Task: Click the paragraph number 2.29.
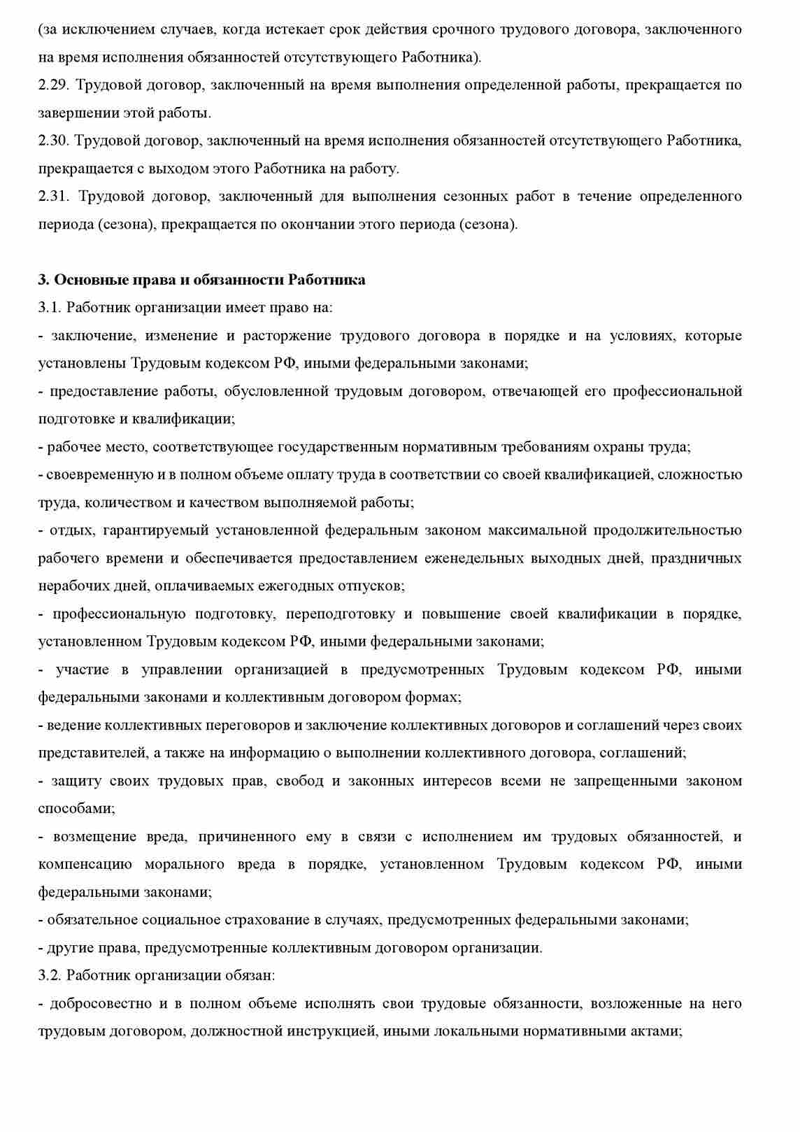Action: click(x=52, y=85)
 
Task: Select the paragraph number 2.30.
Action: click(x=52, y=141)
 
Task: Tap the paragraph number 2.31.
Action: click(x=54, y=197)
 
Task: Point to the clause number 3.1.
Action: click(x=49, y=308)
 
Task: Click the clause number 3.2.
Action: click(x=49, y=975)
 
